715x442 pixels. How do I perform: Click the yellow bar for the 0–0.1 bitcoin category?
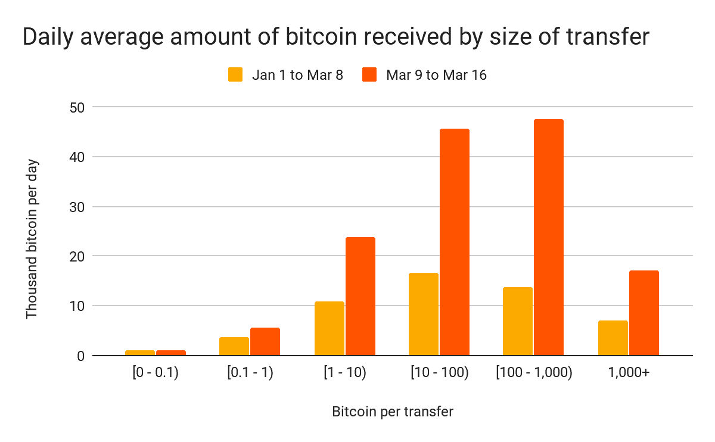click(140, 353)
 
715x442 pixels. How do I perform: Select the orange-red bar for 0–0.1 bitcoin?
click(171, 353)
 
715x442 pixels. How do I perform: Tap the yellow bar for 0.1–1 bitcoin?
click(234, 346)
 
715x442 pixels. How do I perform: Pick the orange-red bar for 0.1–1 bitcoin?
click(265, 341)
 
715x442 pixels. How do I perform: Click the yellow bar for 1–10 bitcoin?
click(329, 328)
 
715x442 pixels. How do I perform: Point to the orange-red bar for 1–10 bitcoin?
click(360, 296)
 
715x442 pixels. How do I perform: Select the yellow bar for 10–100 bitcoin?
click(424, 314)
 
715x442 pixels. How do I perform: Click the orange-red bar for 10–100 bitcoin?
click(455, 242)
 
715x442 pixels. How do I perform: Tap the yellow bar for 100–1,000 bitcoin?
click(518, 321)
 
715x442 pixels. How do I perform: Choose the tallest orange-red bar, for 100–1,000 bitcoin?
click(549, 237)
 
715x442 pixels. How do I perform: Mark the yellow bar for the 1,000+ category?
click(613, 338)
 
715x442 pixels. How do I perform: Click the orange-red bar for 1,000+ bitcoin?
click(644, 313)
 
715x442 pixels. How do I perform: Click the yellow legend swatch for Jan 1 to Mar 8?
click(235, 74)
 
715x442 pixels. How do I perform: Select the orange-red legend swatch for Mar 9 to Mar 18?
click(370, 74)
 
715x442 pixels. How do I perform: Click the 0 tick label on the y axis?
click(81, 356)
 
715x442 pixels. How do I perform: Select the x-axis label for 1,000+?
click(628, 373)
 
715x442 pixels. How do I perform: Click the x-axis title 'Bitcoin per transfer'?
click(394, 412)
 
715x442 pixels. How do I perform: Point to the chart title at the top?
click(337, 37)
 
